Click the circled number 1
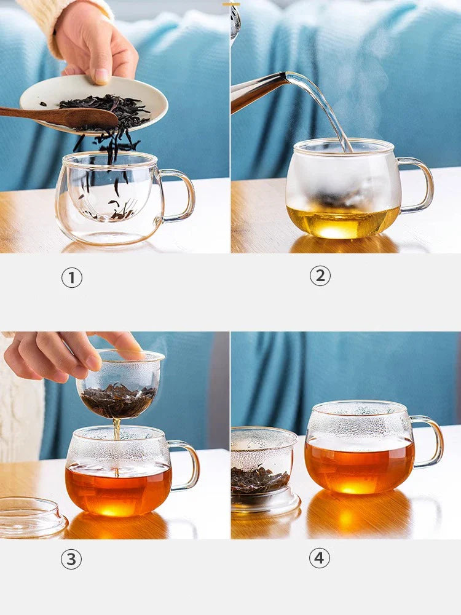tap(72, 278)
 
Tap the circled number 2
tap(320, 276)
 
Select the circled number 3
tap(71, 559)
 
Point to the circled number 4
tap(320, 558)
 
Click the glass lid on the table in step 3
tap(31, 517)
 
